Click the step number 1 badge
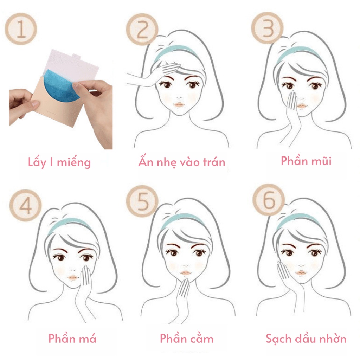click(21, 29)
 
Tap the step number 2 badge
click(142, 29)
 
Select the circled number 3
click(267, 28)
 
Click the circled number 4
click(25, 205)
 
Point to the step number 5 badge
click(142, 201)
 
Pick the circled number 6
click(269, 200)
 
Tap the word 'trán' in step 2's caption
click(214, 162)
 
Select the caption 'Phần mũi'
click(306, 160)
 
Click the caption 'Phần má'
click(72, 338)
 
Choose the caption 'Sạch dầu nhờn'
click(306, 339)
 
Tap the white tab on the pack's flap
click(76, 56)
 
